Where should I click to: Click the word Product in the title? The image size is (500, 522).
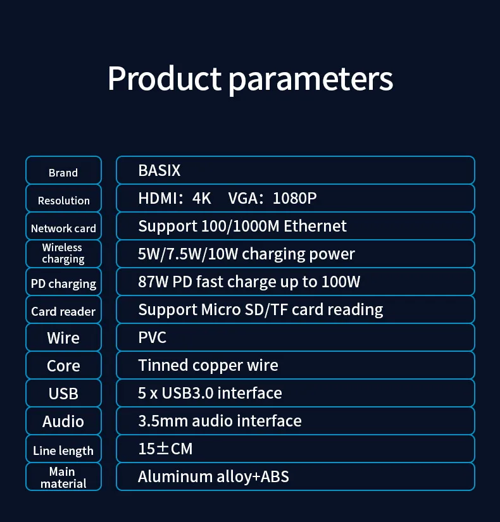point(164,78)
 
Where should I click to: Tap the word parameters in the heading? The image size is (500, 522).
point(311,80)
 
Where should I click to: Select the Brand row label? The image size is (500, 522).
point(63,173)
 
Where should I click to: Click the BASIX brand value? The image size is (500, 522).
point(159,170)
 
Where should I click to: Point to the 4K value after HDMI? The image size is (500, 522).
point(201,199)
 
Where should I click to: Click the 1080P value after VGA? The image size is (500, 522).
point(295,199)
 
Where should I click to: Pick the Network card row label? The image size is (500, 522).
point(63,228)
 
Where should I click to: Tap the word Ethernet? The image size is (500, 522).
point(315,226)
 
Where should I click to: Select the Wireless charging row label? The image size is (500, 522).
point(63,253)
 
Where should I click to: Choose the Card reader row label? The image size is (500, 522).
point(63,311)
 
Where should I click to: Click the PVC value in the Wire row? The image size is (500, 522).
point(153,338)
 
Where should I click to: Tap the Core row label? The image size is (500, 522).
point(63,366)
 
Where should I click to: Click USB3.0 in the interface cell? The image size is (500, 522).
point(187,393)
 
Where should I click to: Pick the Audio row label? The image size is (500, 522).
point(63,421)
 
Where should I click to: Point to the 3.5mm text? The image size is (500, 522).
point(163,421)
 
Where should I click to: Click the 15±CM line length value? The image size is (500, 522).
point(166,449)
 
